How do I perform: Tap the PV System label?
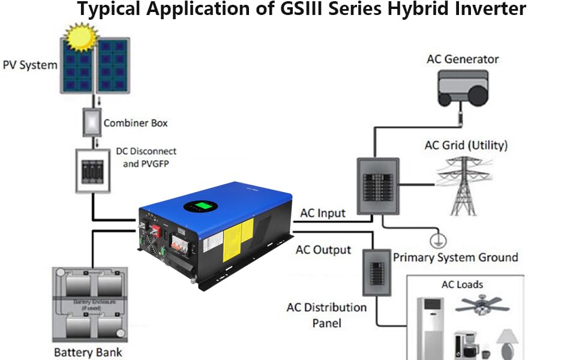click(x=29, y=64)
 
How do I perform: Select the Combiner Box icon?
click(x=92, y=122)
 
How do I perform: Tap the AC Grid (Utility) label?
click(x=466, y=145)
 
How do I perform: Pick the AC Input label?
click(x=323, y=212)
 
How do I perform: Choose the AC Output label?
click(x=323, y=249)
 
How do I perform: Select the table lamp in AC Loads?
click(x=508, y=342)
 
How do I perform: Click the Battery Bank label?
click(x=88, y=352)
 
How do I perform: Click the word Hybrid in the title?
click(x=406, y=10)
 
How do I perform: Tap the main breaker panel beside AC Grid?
click(x=378, y=185)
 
